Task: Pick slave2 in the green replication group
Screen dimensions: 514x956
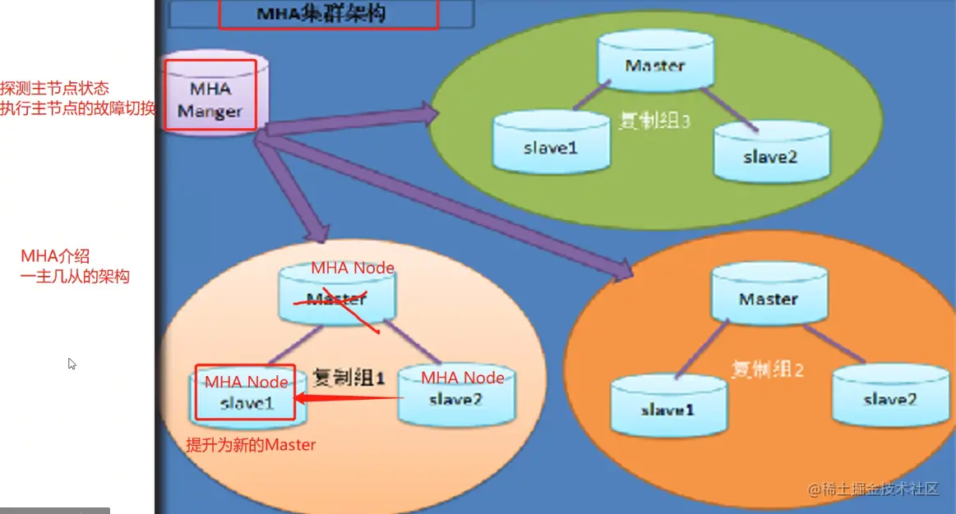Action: (771, 152)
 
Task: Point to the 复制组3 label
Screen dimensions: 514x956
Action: (654, 122)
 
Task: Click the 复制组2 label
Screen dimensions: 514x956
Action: (767, 369)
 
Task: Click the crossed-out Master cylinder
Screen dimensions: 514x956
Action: (336, 296)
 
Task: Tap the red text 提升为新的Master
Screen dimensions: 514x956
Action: (251, 445)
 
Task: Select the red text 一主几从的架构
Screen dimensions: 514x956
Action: (75, 276)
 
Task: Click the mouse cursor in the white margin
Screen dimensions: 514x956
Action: (72, 363)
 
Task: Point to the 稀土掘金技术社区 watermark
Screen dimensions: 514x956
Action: (873, 490)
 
